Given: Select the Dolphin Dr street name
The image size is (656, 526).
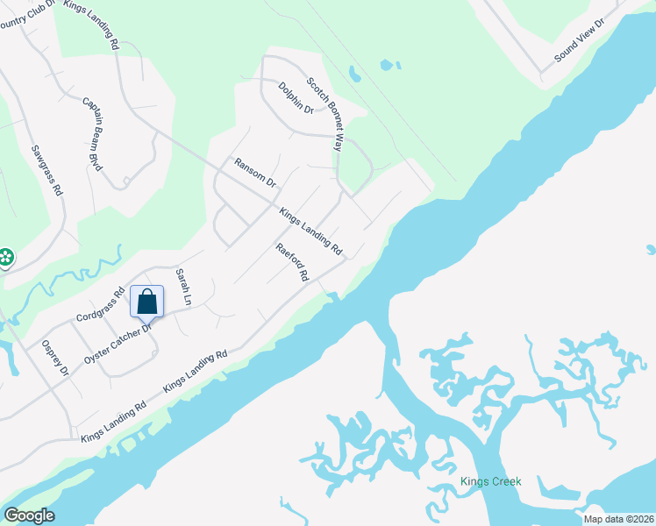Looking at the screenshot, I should [296, 98].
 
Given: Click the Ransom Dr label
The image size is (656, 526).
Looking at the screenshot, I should [255, 173].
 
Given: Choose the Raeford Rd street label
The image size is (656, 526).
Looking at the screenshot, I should [293, 262].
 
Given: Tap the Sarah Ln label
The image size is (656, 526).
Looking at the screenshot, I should [183, 287].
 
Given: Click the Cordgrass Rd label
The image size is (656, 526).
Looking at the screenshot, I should [101, 303].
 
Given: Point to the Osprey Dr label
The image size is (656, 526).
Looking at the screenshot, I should [53, 358].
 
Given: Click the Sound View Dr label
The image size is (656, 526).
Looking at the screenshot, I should [580, 40].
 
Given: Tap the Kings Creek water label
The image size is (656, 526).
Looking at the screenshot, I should [491, 481].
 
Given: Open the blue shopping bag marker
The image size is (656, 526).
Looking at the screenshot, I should [147, 302].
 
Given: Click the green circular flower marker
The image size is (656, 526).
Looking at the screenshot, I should [6, 257].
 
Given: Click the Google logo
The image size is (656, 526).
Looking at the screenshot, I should [29, 515].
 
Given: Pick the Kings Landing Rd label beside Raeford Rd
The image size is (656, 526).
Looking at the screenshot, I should [310, 231].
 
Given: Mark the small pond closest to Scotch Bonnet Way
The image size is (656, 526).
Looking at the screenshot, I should [353, 74].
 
